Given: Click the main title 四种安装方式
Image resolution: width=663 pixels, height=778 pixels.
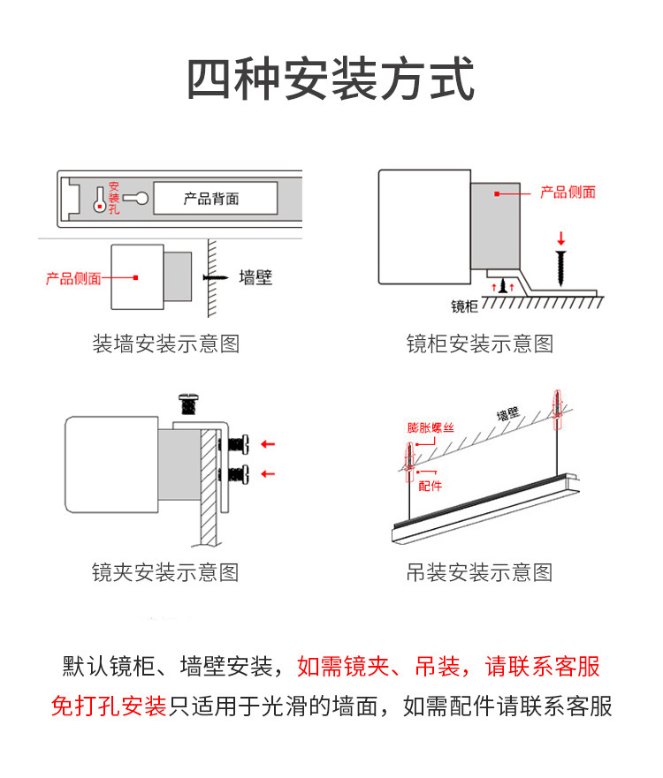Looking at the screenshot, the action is [x=331, y=79].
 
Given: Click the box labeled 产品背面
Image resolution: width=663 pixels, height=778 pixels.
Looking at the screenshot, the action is [x=215, y=198].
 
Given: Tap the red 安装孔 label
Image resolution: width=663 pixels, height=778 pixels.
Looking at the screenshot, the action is [x=114, y=198].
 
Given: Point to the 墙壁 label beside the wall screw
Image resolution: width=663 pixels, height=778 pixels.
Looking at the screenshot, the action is [x=255, y=277].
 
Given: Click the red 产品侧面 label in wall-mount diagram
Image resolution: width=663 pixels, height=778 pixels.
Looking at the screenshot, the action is [x=73, y=278].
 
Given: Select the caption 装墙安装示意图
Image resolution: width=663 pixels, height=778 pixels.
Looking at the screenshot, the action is [x=166, y=344].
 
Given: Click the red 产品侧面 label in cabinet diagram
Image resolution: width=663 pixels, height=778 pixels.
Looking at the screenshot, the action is [x=568, y=192].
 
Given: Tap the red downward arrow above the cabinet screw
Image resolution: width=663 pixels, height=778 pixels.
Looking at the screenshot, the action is [x=560, y=238].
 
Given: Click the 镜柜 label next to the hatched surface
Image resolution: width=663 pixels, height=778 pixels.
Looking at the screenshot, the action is [x=464, y=306].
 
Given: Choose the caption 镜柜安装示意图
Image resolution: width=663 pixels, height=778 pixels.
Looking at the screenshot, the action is [x=480, y=344].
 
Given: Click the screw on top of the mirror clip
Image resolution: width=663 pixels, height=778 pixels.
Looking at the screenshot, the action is [x=188, y=404].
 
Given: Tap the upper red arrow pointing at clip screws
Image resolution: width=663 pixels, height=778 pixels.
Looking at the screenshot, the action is [x=268, y=444].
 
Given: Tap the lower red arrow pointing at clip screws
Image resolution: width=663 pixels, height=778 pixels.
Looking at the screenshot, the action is [x=268, y=474].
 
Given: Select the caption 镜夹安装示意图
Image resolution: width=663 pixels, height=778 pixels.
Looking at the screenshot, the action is [x=166, y=572].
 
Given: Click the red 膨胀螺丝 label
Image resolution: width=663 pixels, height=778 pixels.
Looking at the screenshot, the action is [x=431, y=427].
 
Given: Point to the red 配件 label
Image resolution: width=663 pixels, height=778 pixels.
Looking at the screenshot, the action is [x=431, y=486].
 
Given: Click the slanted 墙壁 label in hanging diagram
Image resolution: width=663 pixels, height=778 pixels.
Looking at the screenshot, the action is [x=508, y=413].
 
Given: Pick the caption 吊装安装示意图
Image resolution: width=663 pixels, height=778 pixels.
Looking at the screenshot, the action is [x=480, y=572].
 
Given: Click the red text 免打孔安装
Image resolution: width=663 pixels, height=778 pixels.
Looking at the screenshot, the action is [x=109, y=706].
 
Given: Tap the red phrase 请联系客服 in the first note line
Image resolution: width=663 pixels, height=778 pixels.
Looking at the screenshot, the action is [x=542, y=666].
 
